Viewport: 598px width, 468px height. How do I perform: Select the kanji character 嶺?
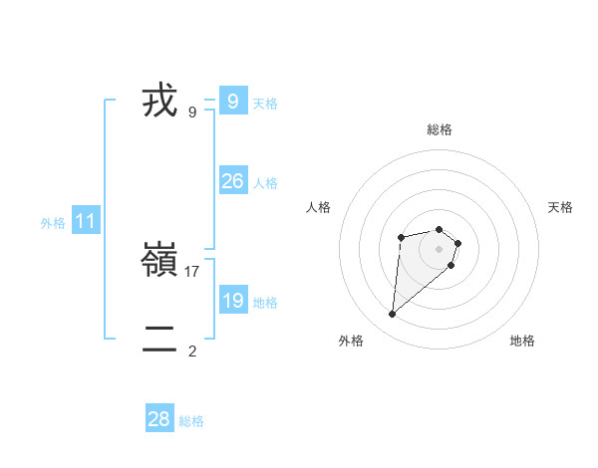tap(159, 261)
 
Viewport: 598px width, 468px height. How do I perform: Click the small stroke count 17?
tap(192, 271)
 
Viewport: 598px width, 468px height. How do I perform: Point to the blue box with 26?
tap(233, 180)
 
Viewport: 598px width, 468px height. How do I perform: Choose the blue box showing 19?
tap(233, 300)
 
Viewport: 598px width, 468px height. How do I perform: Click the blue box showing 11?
tap(86, 221)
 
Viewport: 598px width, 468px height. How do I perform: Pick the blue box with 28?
tap(159, 419)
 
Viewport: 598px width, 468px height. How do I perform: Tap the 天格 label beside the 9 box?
tap(265, 104)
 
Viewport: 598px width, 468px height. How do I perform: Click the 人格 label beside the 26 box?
tap(265, 183)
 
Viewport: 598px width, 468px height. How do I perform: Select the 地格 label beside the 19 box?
tap(265, 303)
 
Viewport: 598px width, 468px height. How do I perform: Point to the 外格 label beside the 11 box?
tap(53, 224)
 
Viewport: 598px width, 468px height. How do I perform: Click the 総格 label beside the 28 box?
tap(191, 422)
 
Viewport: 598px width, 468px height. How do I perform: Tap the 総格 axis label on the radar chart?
tap(439, 129)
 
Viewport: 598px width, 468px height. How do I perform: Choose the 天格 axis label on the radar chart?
tap(560, 207)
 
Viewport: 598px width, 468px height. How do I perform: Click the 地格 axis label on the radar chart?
tap(522, 341)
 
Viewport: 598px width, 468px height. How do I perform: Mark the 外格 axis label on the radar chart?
tap(351, 341)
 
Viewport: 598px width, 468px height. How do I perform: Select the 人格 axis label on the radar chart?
tap(319, 207)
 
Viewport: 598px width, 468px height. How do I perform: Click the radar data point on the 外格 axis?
tap(393, 315)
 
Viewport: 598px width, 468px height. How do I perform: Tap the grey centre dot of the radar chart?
tap(439, 248)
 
